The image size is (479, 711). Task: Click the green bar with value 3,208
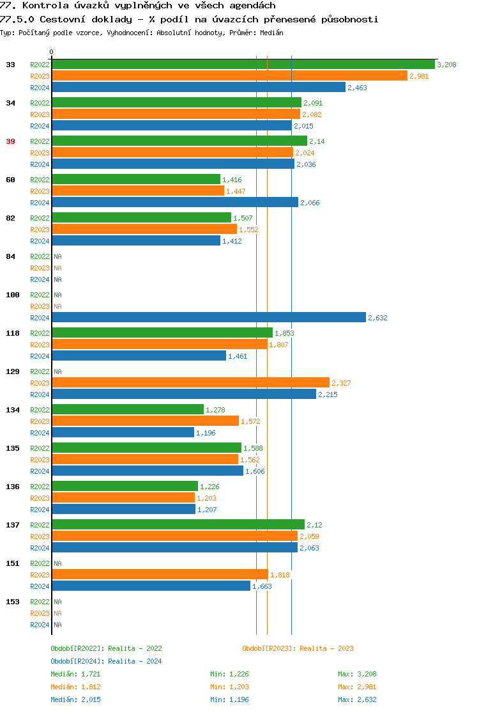tap(243, 65)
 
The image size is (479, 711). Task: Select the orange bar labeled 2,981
tap(229, 76)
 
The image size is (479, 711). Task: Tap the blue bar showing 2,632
tap(208, 318)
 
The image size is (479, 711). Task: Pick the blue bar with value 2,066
tap(174, 203)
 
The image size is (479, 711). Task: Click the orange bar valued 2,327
tap(190, 383)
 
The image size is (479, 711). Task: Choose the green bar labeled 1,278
tap(128, 410)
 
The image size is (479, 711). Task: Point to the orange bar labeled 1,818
tap(160, 575)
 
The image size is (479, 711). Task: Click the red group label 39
tap(10, 141)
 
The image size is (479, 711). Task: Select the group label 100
tap(12, 295)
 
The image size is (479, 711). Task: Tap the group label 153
tap(12, 602)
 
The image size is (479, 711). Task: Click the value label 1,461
tap(238, 356)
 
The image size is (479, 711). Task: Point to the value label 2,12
tap(314, 525)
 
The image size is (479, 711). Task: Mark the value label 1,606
tap(255, 471)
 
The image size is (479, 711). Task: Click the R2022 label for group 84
tap(40, 256)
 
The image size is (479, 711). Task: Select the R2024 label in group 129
tap(40, 395)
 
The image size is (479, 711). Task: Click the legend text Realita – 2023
tap(326, 648)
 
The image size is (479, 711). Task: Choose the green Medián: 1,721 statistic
tap(75, 674)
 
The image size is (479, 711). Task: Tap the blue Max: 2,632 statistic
tap(357, 699)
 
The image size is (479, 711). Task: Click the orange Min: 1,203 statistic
tap(229, 687)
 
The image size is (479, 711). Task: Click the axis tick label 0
tap(52, 52)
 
